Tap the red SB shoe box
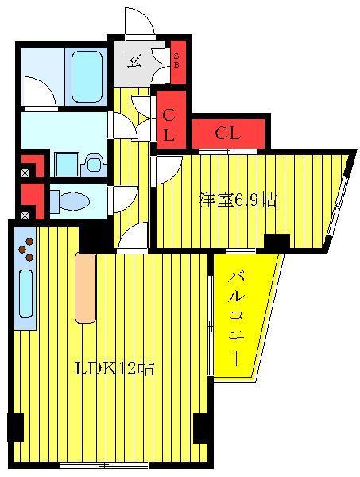(178, 62)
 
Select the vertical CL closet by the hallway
(171, 119)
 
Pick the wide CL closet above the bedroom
(228, 134)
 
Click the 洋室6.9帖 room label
(238, 200)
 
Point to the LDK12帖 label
(114, 368)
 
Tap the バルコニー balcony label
(236, 319)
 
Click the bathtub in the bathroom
(87, 76)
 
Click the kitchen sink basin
(26, 294)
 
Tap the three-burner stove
(26, 250)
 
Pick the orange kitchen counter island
(86, 288)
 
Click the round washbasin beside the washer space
(95, 165)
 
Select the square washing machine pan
(67, 165)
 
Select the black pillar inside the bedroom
(277, 242)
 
